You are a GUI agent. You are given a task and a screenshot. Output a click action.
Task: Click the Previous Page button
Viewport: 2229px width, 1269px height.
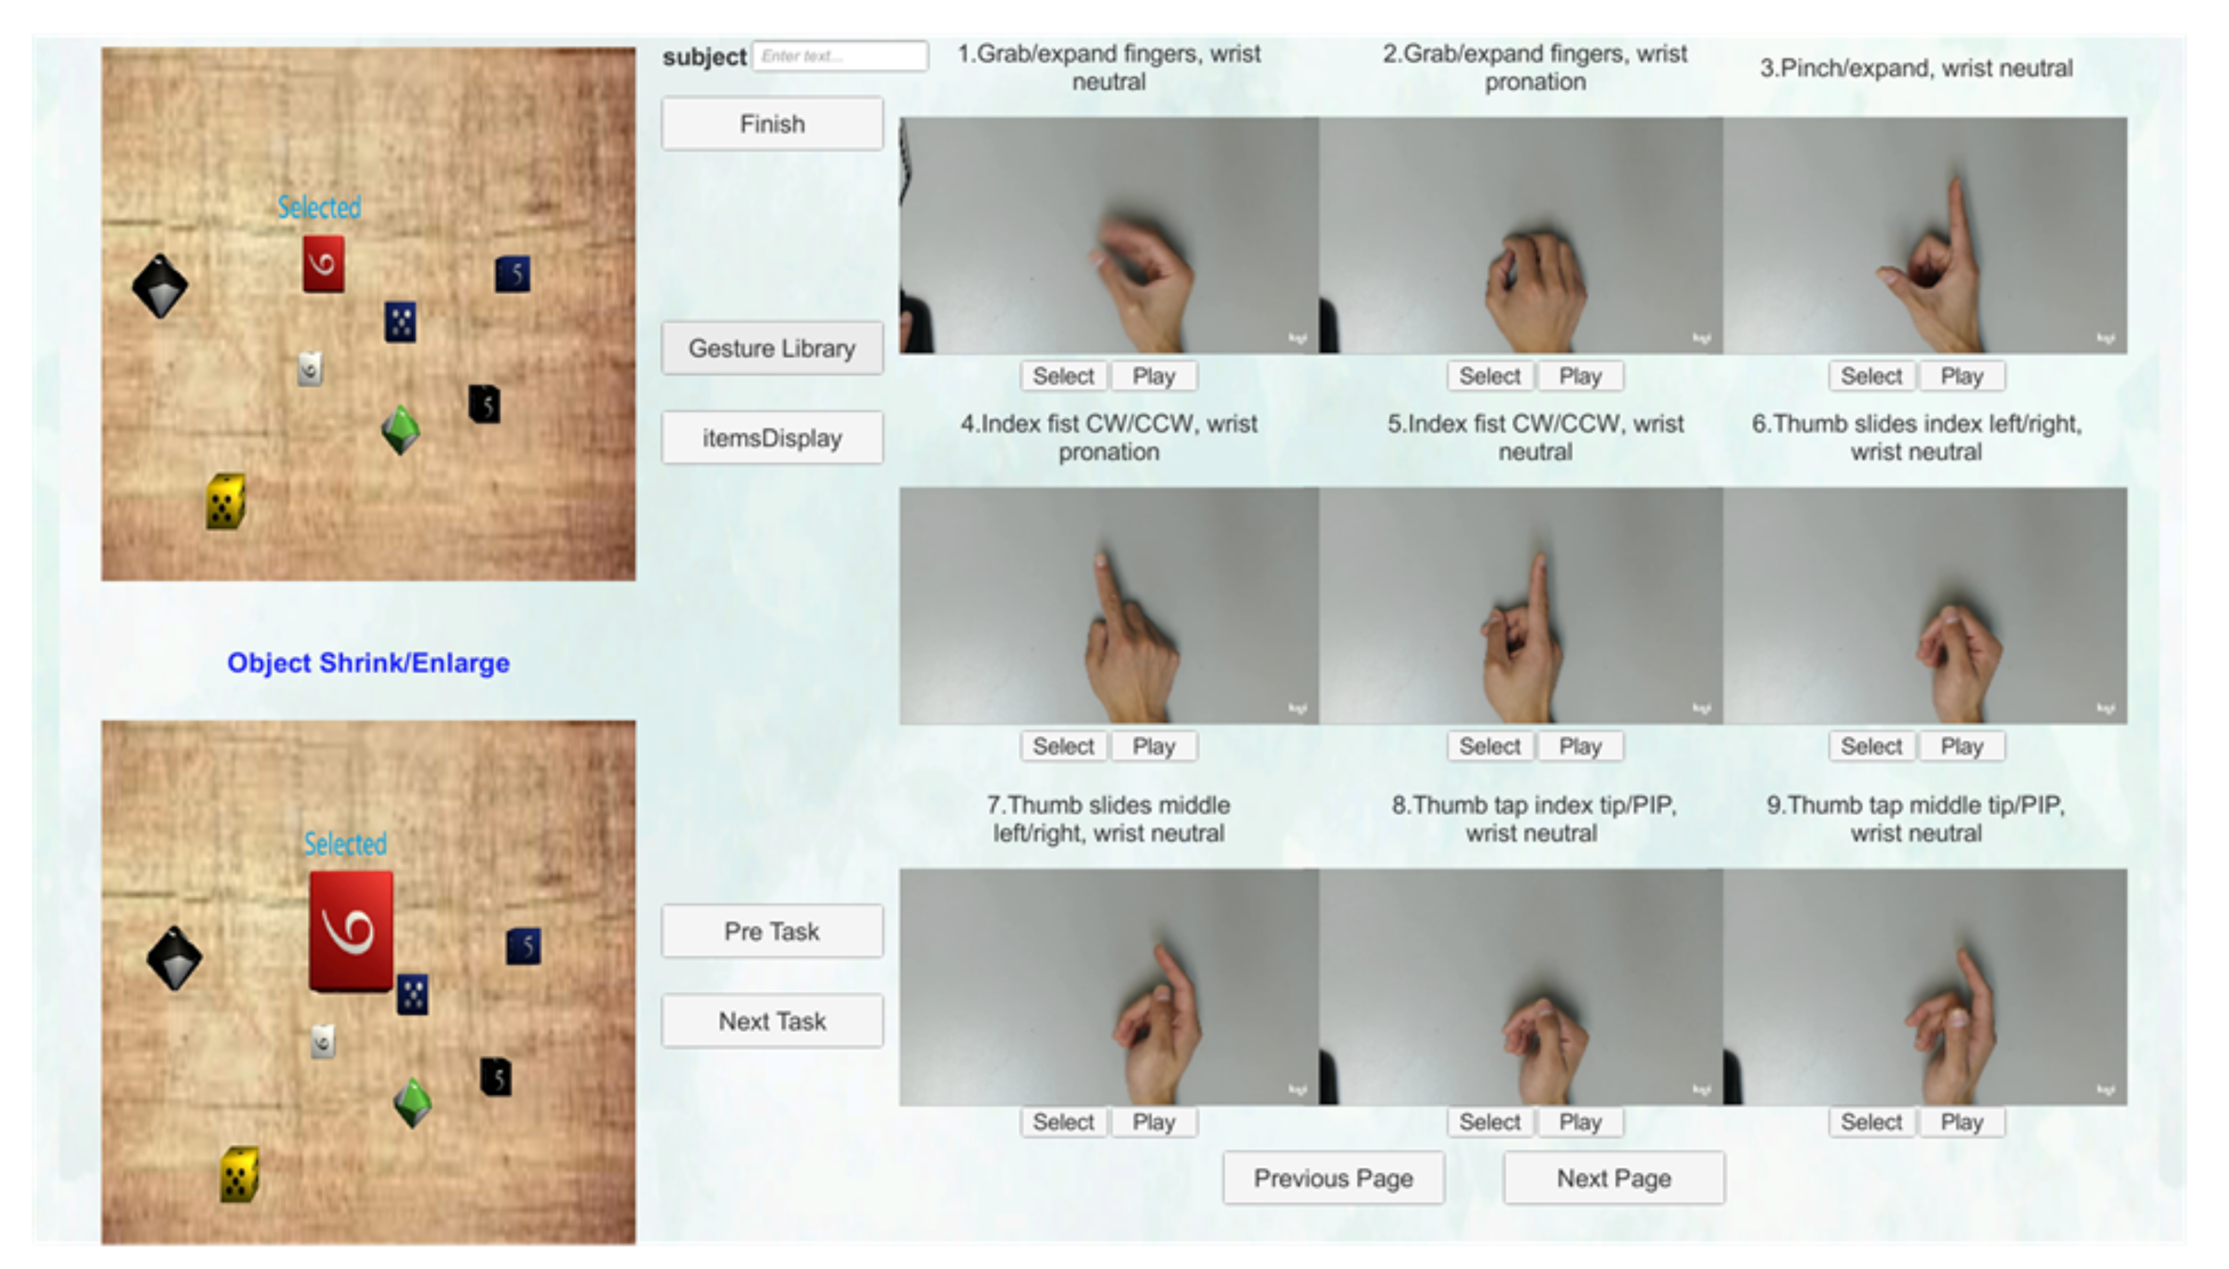coord(1333,1178)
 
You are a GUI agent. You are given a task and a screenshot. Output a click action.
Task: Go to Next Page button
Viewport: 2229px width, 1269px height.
coord(1614,1178)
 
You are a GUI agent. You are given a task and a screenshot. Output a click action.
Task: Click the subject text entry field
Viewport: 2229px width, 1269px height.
coord(840,55)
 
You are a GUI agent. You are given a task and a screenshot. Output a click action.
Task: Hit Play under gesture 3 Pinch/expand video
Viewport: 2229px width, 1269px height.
coord(1962,376)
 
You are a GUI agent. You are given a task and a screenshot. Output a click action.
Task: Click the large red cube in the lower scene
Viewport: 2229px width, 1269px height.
coord(351,930)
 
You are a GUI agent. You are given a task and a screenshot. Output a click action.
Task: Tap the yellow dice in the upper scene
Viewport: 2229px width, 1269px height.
coord(225,501)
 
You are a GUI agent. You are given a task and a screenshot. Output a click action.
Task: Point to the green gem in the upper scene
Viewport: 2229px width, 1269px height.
coord(400,430)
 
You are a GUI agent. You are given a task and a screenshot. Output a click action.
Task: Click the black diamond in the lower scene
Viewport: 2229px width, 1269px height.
coord(174,958)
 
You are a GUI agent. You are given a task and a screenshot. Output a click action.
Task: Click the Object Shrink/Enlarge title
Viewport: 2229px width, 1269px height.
coord(368,663)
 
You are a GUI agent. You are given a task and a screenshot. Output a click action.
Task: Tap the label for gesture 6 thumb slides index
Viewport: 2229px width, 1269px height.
coord(1916,437)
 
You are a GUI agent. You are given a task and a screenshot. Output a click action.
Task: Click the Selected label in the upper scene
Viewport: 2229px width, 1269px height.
coord(319,207)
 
